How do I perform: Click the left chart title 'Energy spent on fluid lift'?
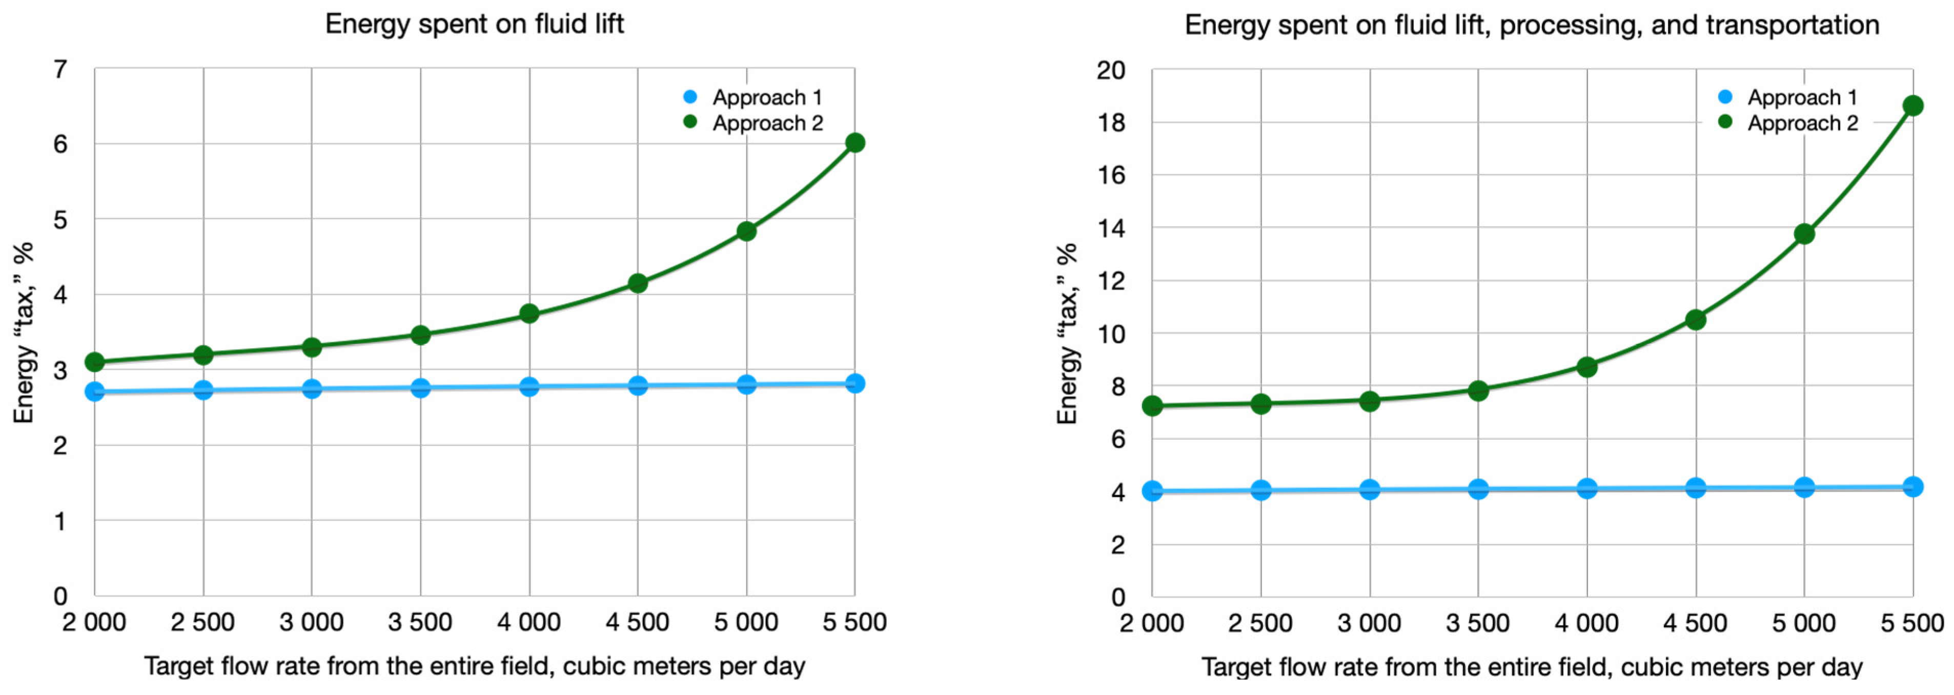pos(474,24)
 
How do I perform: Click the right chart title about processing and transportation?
pos(1532,25)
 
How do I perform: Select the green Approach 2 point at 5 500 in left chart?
pos(855,142)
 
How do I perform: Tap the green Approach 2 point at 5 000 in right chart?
pos(1804,234)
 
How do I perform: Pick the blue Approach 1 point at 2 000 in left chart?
pos(95,392)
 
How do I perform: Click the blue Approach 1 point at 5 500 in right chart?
pos(1913,486)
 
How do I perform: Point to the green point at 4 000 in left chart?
pos(530,313)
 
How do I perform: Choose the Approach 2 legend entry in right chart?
pos(1802,123)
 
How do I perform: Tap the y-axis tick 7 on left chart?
pos(60,70)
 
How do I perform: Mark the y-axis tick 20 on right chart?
pos(1111,71)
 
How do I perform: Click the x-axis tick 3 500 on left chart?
pos(420,622)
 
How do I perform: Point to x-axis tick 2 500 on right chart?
pos(1260,623)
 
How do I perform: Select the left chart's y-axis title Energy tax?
pos(24,332)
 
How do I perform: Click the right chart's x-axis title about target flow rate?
pos(1532,666)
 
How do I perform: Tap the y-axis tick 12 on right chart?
pos(1111,281)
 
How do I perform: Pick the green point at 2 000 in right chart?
pos(1152,406)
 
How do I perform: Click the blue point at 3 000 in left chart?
pos(312,389)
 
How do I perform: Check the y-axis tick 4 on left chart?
pos(60,294)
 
